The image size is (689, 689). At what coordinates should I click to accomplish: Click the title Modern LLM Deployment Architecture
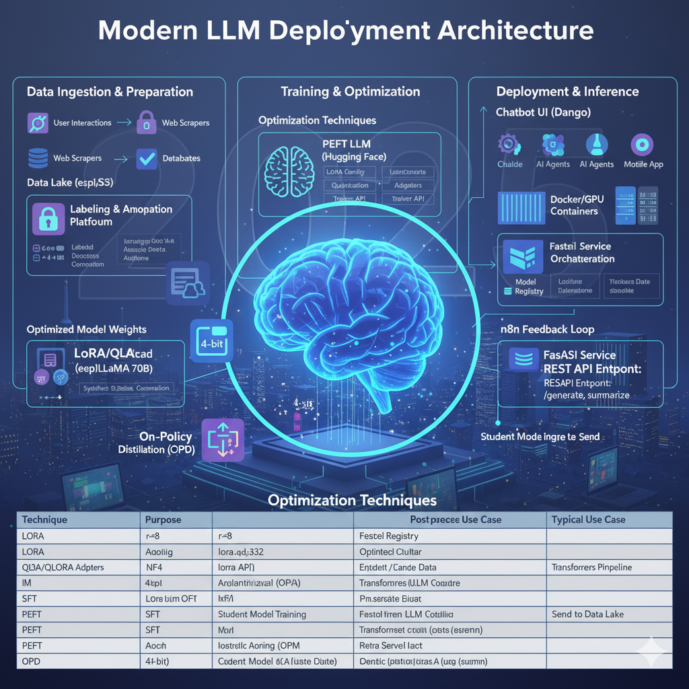click(x=344, y=32)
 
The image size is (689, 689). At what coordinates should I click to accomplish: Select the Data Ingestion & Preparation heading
click(x=110, y=92)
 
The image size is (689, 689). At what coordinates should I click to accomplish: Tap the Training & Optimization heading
click(x=350, y=92)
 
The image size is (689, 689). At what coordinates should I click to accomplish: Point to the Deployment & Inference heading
click(x=568, y=92)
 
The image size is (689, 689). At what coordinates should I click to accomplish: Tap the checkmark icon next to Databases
click(x=146, y=158)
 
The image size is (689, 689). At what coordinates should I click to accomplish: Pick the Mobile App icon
click(x=643, y=145)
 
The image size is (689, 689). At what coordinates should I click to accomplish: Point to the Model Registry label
click(x=529, y=287)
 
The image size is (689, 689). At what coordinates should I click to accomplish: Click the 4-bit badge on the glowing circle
click(x=211, y=337)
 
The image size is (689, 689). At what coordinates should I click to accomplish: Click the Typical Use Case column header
click(x=588, y=520)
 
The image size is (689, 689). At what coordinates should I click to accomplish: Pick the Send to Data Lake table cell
click(x=587, y=614)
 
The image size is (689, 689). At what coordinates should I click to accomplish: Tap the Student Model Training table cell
click(x=262, y=614)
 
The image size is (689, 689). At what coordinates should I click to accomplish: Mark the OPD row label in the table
click(x=32, y=661)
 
